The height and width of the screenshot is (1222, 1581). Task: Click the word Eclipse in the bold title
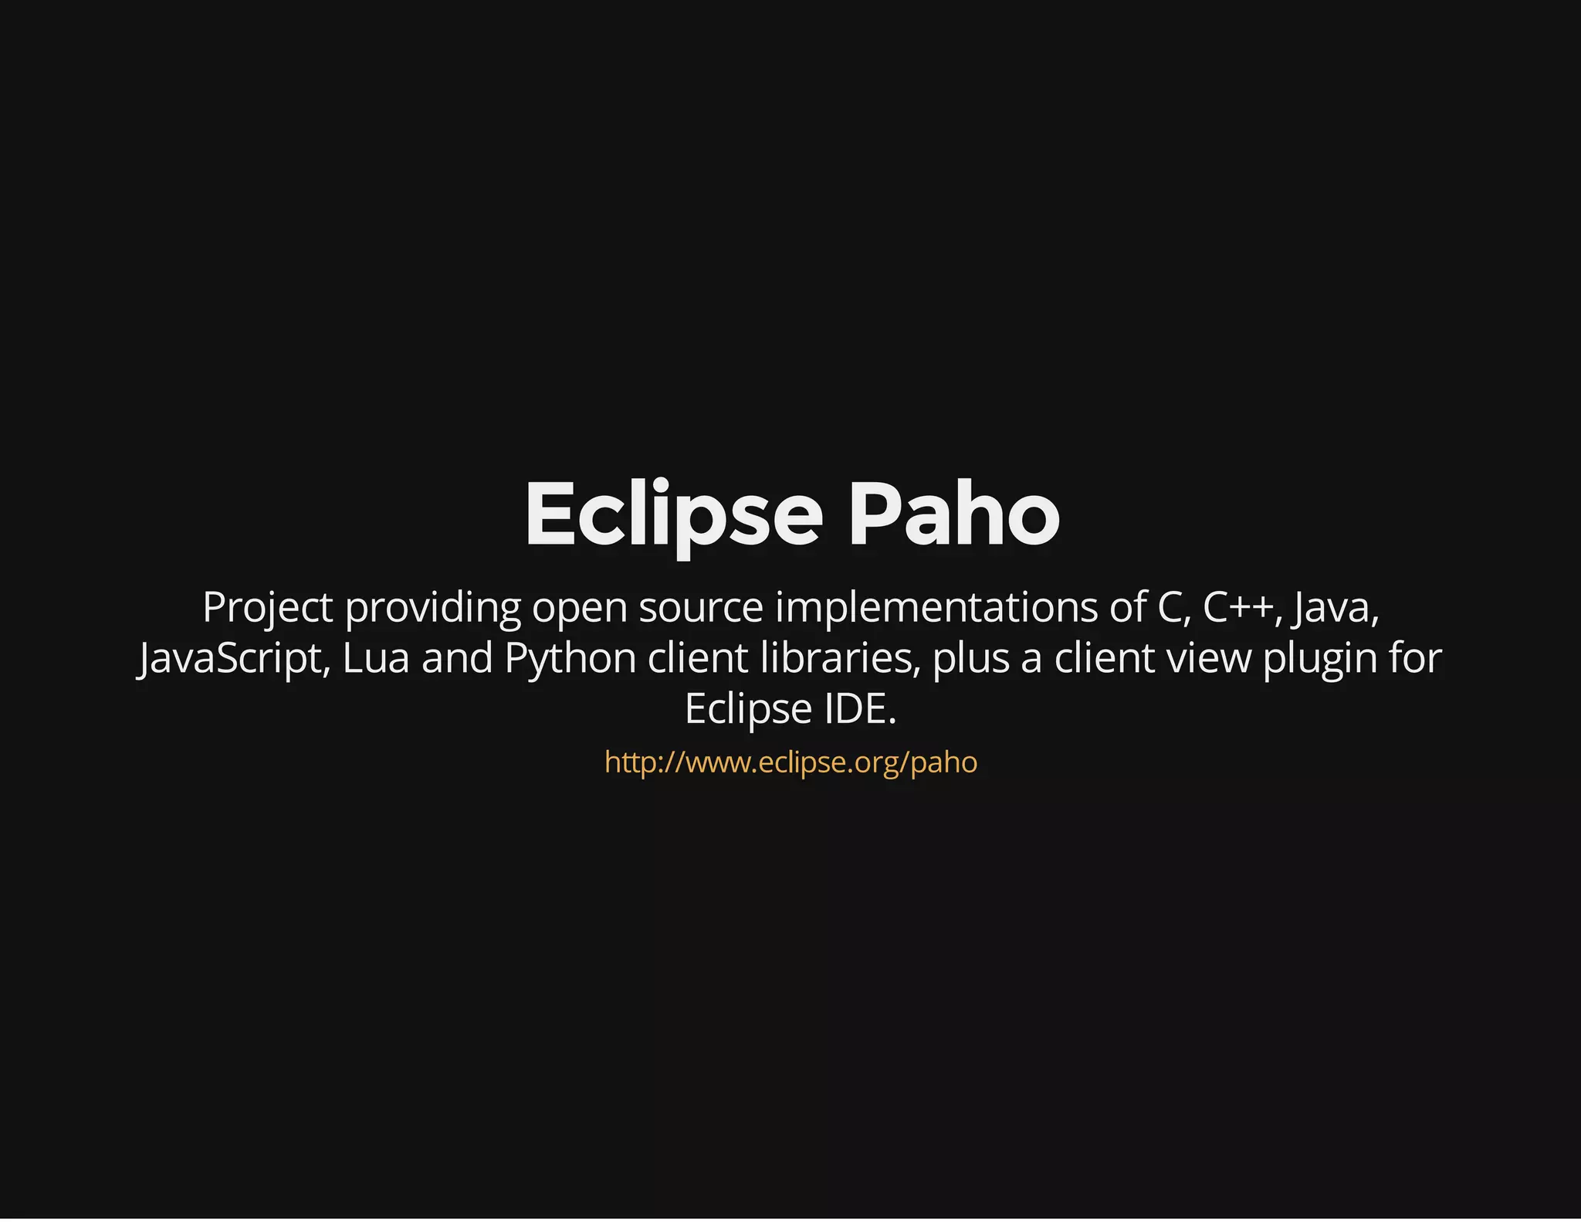(x=674, y=514)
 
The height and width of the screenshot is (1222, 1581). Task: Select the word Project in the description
(x=267, y=608)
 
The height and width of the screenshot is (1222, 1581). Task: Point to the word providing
(x=432, y=608)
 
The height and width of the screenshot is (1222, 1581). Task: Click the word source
(x=700, y=608)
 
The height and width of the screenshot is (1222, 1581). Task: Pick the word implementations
(x=936, y=608)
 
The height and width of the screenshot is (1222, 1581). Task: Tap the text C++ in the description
(x=1237, y=608)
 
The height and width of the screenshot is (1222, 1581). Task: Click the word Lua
(x=376, y=659)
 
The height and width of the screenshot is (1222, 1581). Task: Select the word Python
(x=570, y=659)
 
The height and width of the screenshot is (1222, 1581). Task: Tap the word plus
(x=971, y=659)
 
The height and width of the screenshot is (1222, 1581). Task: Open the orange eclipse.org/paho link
(x=790, y=762)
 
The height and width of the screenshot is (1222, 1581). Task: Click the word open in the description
(x=579, y=608)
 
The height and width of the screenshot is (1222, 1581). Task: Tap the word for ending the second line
(x=1415, y=659)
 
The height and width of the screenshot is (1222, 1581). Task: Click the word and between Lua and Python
(x=457, y=659)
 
